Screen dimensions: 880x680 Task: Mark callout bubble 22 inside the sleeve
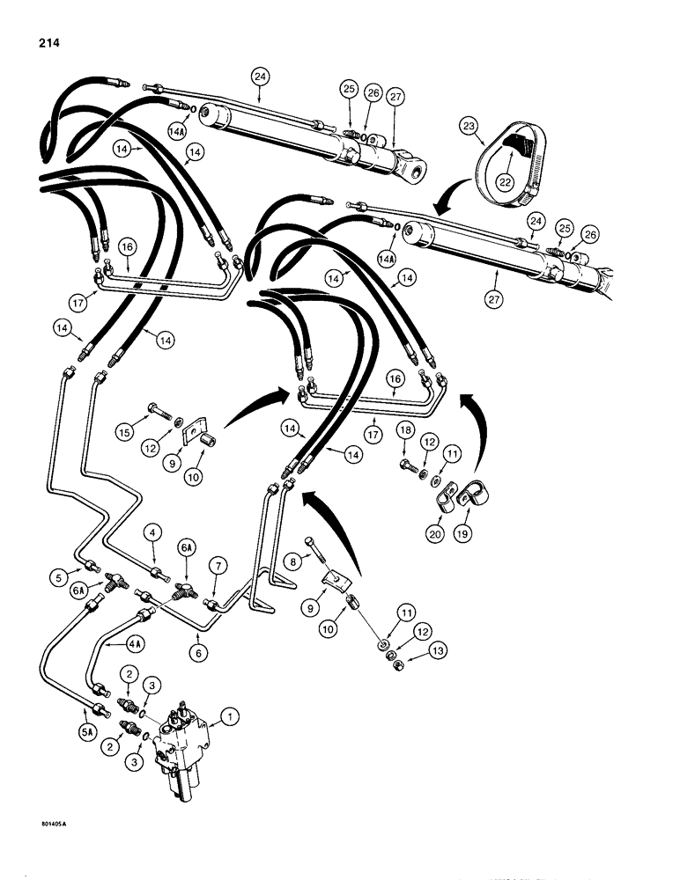(x=504, y=182)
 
